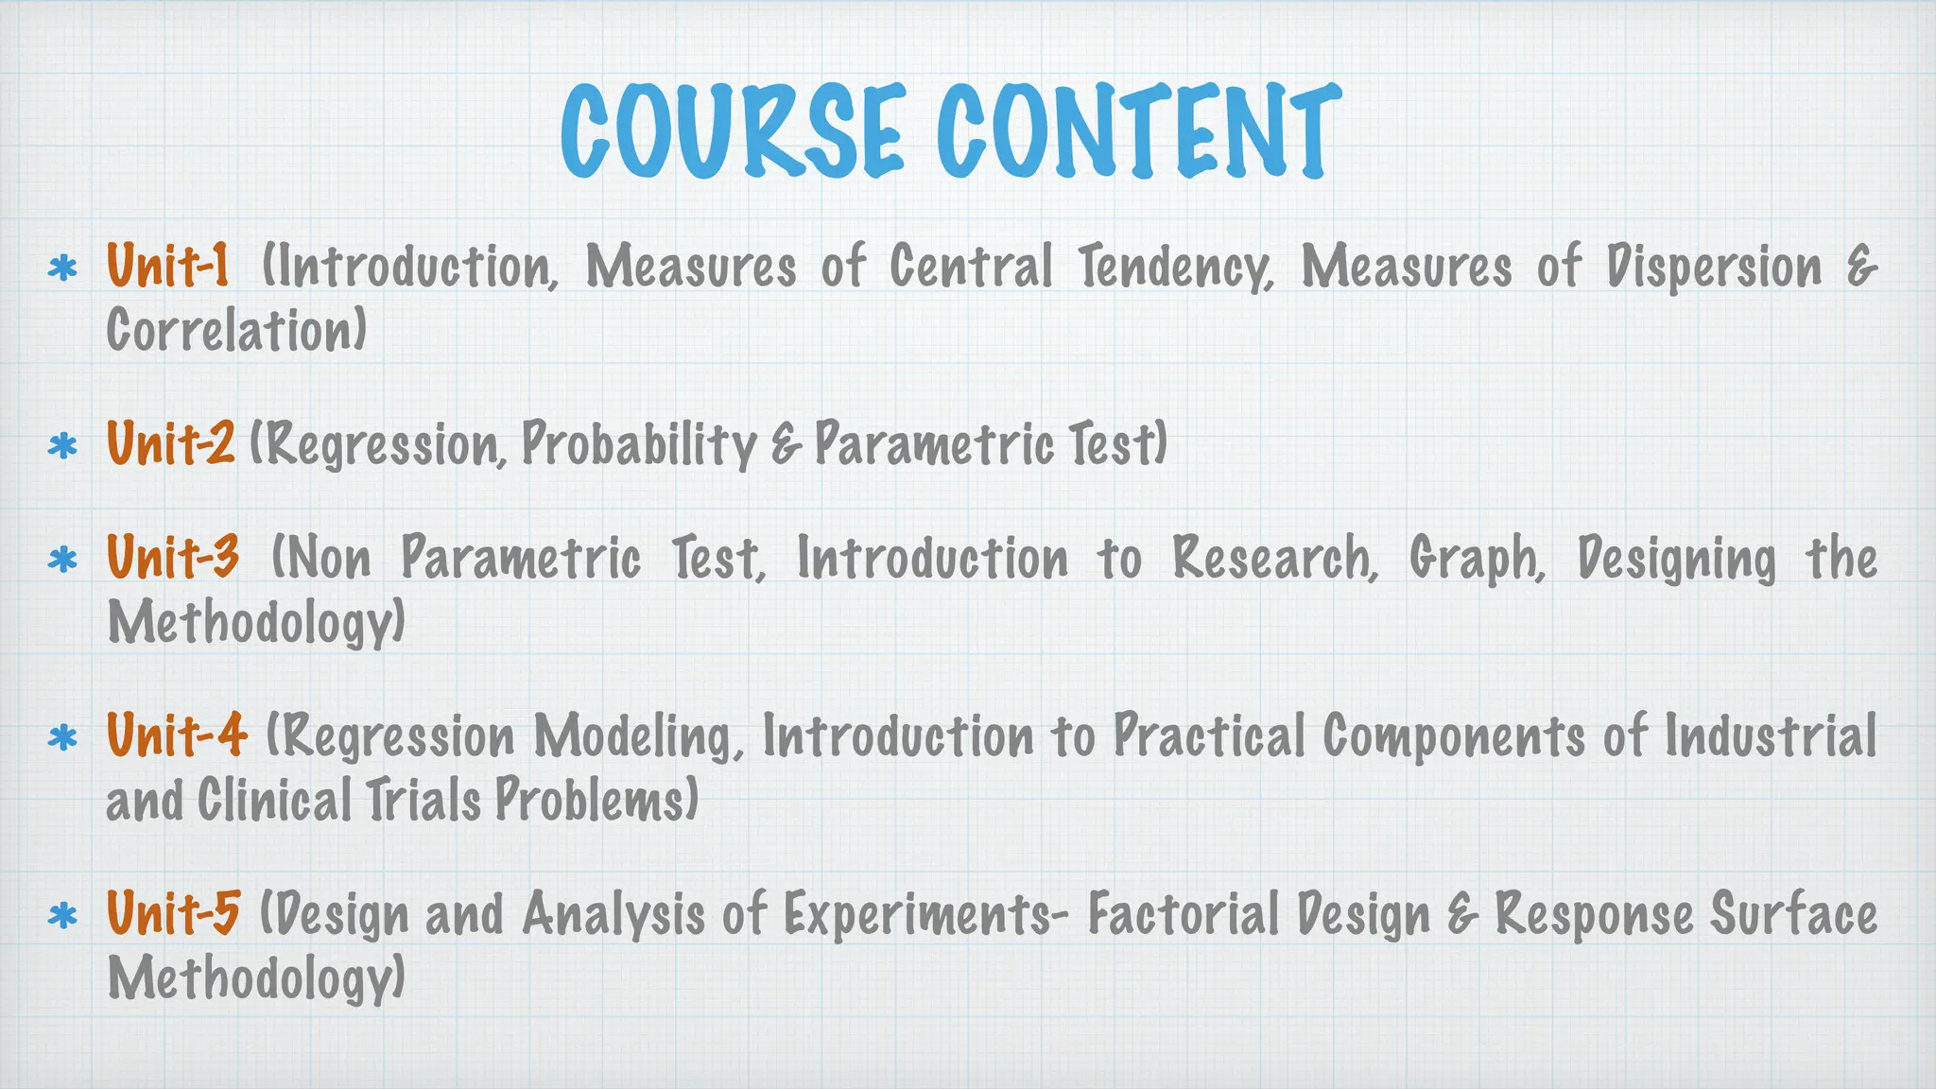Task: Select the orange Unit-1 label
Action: [167, 265]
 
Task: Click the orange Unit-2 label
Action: [170, 442]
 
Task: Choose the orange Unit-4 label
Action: [177, 735]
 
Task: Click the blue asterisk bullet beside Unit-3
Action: [62, 561]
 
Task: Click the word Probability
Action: [639, 443]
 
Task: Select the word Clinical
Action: [273, 800]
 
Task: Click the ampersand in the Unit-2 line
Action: [786, 444]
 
